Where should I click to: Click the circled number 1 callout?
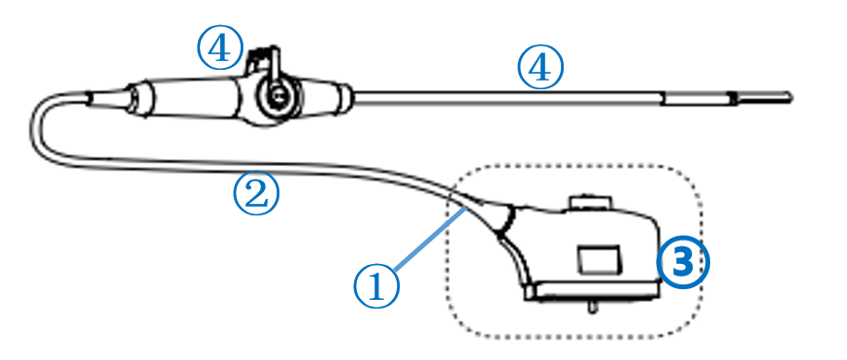pyautogui.click(x=377, y=286)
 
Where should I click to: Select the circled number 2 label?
pyautogui.click(x=256, y=194)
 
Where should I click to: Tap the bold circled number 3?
pyautogui.click(x=683, y=263)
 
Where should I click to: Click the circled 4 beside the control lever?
pyautogui.click(x=220, y=49)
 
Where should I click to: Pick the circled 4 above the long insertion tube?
pyautogui.click(x=540, y=68)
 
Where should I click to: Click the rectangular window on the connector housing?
pyautogui.click(x=599, y=260)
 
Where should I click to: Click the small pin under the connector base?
pyautogui.click(x=592, y=307)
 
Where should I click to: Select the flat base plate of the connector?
pyautogui.click(x=592, y=292)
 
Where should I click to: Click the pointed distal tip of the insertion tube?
pyautogui.click(x=791, y=98)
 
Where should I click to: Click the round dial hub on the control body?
pyautogui.click(x=277, y=96)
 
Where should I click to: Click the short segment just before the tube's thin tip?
pyautogui.click(x=697, y=98)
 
